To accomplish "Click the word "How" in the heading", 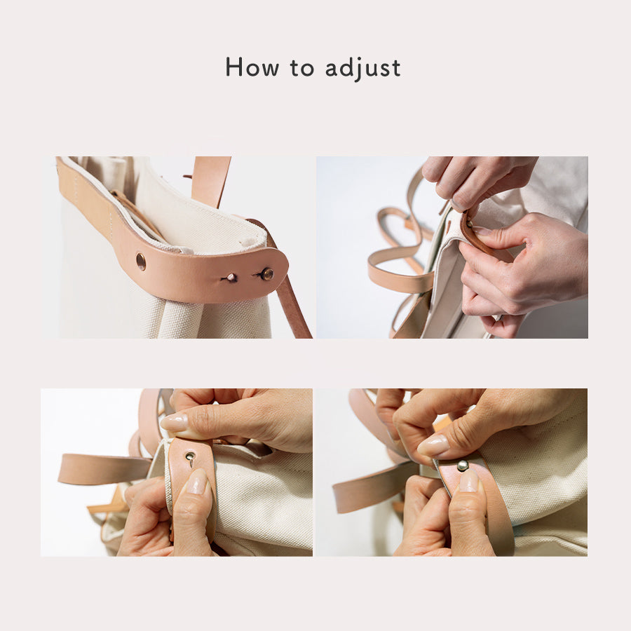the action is click(252, 67).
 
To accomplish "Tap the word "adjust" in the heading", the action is click(362, 68).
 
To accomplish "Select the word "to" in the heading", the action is click(301, 68).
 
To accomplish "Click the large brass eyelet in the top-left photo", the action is click(141, 262).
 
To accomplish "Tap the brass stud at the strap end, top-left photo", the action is click(267, 274).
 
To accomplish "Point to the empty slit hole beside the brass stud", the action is click(231, 277).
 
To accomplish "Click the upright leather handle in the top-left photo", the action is click(211, 182).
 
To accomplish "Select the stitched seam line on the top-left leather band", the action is click(111, 226).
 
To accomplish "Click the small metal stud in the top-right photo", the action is click(469, 224).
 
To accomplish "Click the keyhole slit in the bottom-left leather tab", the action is click(190, 458).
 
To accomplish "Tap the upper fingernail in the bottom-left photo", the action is click(174, 423).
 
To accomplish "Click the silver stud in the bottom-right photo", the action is click(463, 466).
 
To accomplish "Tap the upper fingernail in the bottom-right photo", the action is click(433, 445).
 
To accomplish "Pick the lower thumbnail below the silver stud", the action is click(468, 481).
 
